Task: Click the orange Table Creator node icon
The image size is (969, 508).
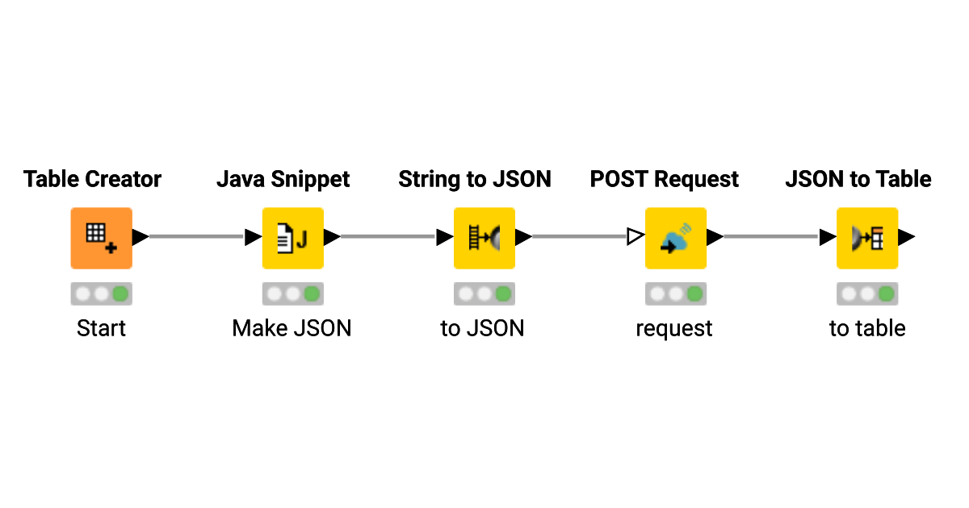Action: point(101,238)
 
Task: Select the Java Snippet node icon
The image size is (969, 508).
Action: point(292,238)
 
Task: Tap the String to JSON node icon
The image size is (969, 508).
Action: point(484,238)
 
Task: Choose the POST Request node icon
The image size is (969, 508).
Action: point(675,238)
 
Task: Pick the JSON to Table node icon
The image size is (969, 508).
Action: point(866,238)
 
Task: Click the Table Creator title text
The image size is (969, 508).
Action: point(92,179)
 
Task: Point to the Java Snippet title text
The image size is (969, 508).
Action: point(283,179)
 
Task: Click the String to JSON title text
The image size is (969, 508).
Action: point(475,179)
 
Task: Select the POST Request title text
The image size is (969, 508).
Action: point(665,179)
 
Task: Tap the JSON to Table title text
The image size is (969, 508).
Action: point(858,179)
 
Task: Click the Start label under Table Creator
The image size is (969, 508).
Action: point(101,328)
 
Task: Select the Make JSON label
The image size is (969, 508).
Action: point(292,328)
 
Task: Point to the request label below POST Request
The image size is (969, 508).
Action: point(674,328)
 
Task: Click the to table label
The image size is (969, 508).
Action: point(867,328)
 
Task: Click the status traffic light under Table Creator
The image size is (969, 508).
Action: point(101,294)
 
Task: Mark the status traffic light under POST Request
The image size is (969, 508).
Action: point(675,294)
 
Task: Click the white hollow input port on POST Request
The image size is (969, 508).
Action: point(636,237)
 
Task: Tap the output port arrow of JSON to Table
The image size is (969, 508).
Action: point(906,237)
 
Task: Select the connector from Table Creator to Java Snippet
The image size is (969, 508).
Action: point(196,237)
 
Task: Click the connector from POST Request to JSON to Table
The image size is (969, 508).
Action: point(771,237)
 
